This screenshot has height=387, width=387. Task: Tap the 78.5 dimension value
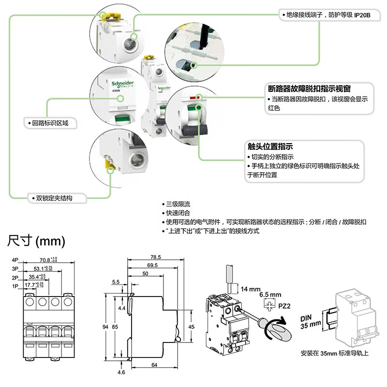point(155,257)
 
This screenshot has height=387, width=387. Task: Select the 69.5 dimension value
point(152,266)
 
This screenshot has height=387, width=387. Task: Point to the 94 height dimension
point(105,327)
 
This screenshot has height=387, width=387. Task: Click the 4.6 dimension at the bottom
point(121,372)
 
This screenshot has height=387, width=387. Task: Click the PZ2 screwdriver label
point(285,306)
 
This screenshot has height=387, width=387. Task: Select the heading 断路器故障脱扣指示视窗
point(309,89)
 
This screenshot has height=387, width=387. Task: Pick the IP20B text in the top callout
point(362,15)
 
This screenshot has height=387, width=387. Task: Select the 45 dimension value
point(192,327)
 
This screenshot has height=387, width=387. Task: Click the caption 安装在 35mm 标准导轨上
point(334,353)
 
